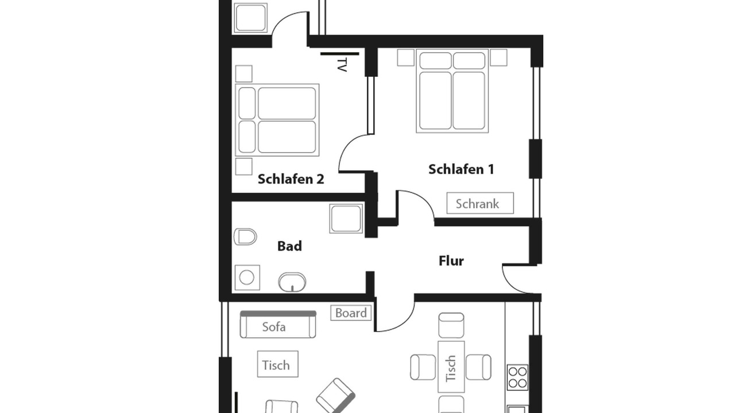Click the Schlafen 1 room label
point(461,169)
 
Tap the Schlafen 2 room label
point(291,180)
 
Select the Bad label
point(289,246)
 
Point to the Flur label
point(451,261)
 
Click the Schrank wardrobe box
point(480,203)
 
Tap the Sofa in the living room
point(278,325)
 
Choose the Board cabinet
point(351,313)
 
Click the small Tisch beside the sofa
point(277,364)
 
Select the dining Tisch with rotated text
point(451,367)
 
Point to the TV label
point(342,65)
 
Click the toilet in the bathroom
point(245,237)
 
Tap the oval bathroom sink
point(292,282)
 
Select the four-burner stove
point(517,377)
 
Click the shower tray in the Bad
point(346,219)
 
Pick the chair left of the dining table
point(423,367)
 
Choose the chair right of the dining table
point(478,367)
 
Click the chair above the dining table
point(451,325)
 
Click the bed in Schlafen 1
point(452,91)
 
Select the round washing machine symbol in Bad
point(247,278)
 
